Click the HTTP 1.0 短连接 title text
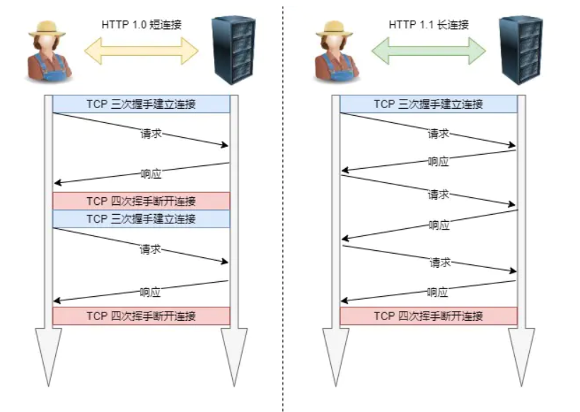(x=141, y=24)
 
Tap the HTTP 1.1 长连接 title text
(x=429, y=24)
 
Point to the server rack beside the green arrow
(x=521, y=49)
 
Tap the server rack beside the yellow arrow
(x=233, y=49)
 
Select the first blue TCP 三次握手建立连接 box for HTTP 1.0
(x=141, y=104)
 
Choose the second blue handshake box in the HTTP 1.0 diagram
(x=141, y=218)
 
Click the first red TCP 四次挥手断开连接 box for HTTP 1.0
(x=141, y=201)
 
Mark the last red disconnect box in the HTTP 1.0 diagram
(x=141, y=315)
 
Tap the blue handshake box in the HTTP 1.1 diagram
(x=429, y=104)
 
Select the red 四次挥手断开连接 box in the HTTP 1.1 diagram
(x=429, y=316)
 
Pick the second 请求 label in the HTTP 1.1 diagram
(x=439, y=194)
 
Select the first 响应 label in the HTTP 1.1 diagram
(x=439, y=161)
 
